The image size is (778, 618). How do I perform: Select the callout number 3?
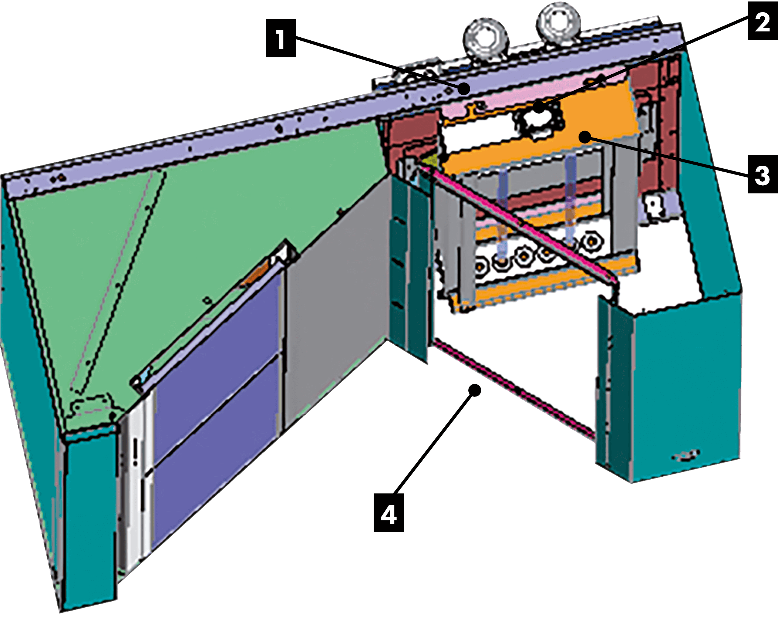pos(762,176)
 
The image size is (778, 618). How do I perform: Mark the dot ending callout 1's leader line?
pos(464,89)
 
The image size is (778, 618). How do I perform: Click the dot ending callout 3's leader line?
pos(585,138)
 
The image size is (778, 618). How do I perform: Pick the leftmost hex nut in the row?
pos(481,265)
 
